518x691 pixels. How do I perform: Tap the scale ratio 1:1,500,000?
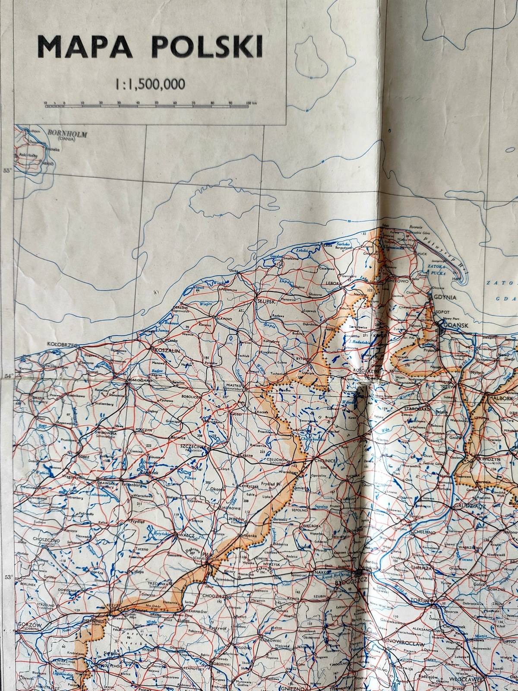[149, 83]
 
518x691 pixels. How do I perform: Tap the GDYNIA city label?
[445, 297]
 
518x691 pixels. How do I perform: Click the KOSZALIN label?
[167, 352]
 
